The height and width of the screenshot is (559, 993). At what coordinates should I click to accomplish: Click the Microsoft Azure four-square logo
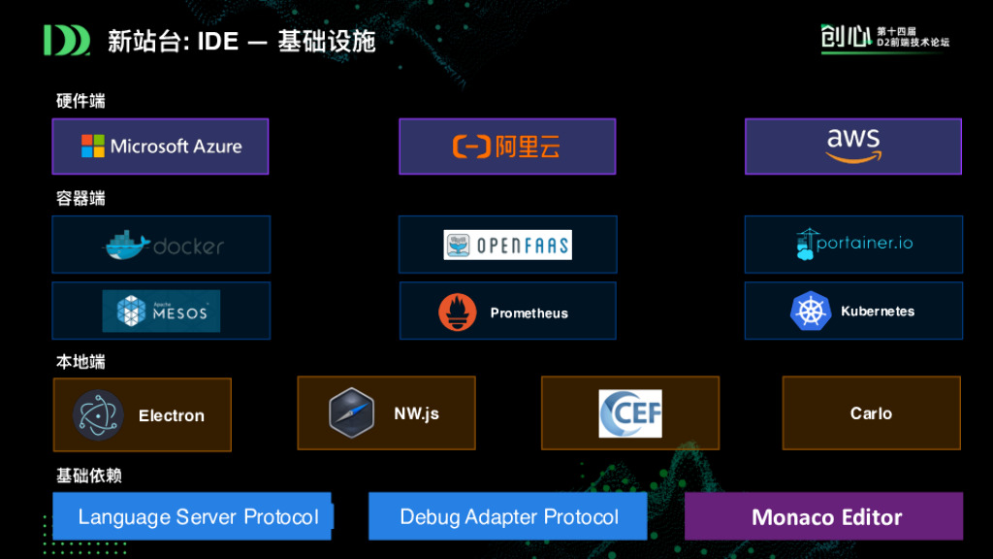pos(93,147)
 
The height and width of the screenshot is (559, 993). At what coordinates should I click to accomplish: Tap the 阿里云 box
pos(507,147)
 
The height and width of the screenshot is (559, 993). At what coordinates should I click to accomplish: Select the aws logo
pos(852,147)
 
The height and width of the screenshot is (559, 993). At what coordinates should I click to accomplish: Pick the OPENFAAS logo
pos(507,245)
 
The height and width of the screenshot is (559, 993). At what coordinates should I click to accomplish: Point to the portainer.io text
pos(864,243)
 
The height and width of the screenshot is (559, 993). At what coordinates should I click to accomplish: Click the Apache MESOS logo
pos(161,312)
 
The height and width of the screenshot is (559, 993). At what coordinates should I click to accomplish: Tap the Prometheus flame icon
pos(458,312)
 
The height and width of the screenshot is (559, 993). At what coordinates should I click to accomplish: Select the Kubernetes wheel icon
pos(811,312)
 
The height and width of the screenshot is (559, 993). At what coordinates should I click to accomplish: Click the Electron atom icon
pos(98,415)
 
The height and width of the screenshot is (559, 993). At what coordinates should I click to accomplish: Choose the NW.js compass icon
pos(351,412)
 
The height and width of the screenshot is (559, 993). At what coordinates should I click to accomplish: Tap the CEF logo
pos(629,413)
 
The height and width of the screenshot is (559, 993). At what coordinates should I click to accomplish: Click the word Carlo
pos(871,413)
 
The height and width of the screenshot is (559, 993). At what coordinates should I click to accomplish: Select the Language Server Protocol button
pos(193,516)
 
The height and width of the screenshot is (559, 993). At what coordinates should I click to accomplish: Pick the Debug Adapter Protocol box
pos(508,516)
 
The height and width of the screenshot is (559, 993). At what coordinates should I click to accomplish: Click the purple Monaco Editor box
pos(824,516)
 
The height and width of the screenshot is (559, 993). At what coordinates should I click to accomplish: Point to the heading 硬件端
pos(80,100)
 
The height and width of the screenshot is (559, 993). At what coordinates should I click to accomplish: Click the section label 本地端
pos(80,362)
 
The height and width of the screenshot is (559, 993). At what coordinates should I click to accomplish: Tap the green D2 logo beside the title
pos(66,41)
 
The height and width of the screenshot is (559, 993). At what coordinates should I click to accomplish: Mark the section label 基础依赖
pos(88,476)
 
